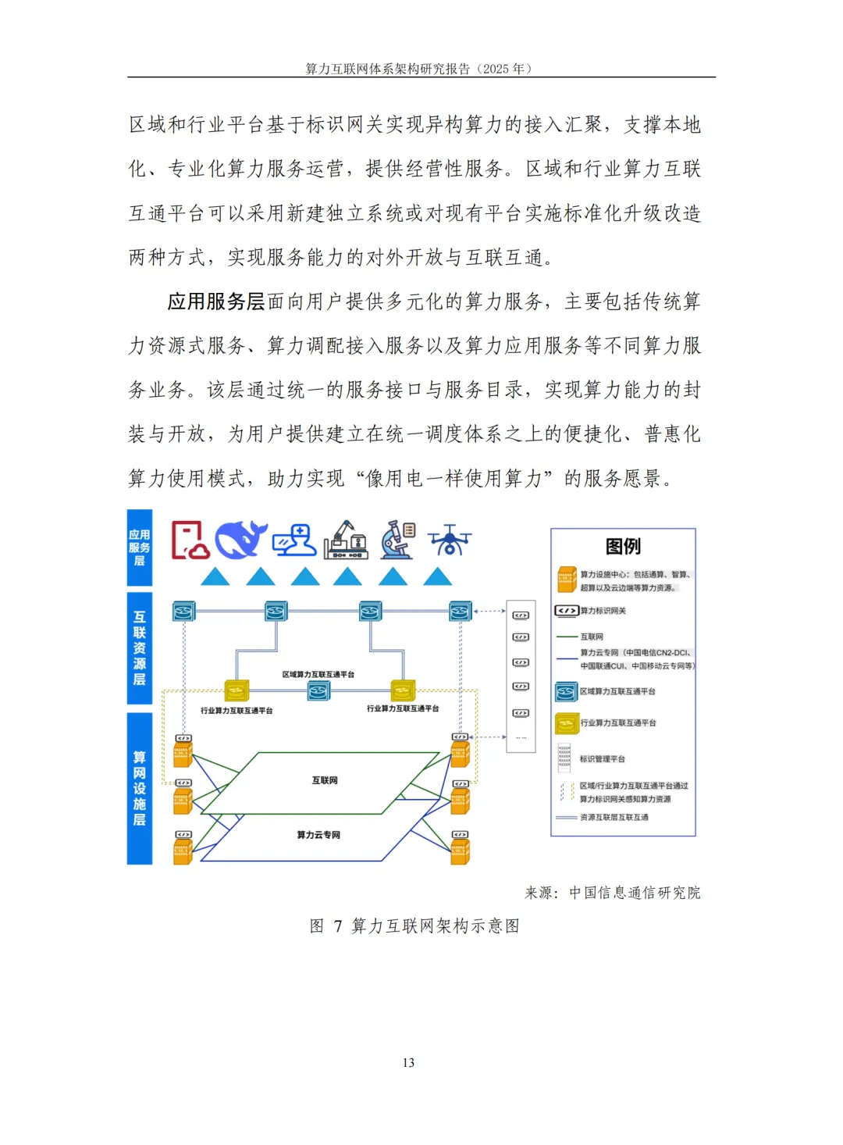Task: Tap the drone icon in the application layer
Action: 450,540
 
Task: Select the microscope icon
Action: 398,540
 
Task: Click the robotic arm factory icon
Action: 346,540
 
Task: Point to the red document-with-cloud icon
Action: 190,540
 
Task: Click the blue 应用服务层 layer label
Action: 140,548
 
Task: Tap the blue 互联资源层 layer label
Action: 140,648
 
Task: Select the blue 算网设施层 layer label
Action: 140,788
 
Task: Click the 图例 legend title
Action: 623,546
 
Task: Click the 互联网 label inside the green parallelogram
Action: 325,780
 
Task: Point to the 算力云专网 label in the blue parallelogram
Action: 318,835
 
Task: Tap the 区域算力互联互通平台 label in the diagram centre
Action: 318,674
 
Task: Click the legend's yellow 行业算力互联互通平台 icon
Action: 567,723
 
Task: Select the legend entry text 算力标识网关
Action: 603,611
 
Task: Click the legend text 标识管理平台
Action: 602,758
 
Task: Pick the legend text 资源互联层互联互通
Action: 614,817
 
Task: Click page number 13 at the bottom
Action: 408,1062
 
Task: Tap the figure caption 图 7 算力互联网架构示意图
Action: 414,926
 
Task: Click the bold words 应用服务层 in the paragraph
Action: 216,301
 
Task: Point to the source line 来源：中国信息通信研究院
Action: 612,893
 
